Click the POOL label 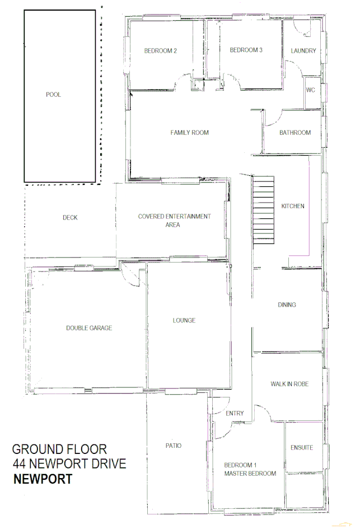(x=53, y=95)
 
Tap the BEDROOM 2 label (x=161, y=51)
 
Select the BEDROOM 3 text (x=246, y=50)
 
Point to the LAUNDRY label (x=303, y=51)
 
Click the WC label (x=311, y=90)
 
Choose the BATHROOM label (x=295, y=133)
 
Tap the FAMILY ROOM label (x=190, y=133)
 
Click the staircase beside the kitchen (x=264, y=208)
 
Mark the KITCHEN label (x=293, y=206)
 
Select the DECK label (x=70, y=218)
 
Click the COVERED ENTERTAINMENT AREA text (x=174, y=220)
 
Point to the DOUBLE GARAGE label (x=89, y=328)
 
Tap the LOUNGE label (x=184, y=321)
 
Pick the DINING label (x=287, y=305)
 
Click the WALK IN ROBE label (x=289, y=384)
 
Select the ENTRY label (x=235, y=414)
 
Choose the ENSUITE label (x=302, y=448)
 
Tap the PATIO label (x=174, y=446)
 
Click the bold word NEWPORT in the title (x=43, y=479)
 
